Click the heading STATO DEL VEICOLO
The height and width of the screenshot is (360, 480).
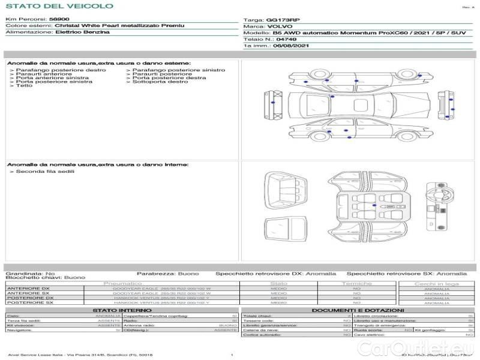(x=59, y=6)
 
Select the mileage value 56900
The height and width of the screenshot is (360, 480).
(x=58, y=19)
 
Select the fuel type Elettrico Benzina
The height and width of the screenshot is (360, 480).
(x=82, y=32)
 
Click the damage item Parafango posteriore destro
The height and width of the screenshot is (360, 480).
(x=61, y=70)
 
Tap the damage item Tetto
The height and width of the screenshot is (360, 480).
(x=24, y=86)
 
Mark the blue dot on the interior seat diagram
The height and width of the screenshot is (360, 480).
(x=374, y=205)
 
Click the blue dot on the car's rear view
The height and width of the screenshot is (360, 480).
(x=452, y=109)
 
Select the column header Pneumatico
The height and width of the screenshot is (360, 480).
(x=123, y=283)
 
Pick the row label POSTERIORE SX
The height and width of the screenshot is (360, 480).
(x=29, y=303)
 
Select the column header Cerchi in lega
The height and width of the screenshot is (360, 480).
(x=436, y=283)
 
